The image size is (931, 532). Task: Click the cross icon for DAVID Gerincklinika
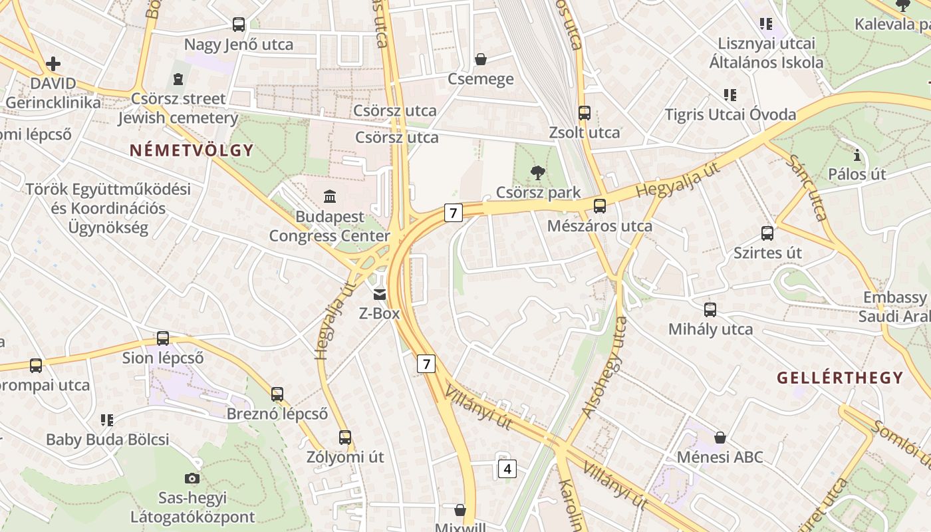pyautogui.click(x=53, y=64)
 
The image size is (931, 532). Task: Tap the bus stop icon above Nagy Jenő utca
pyautogui.click(x=239, y=25)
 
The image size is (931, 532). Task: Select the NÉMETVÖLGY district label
pyautogui.click(x=192, y=150)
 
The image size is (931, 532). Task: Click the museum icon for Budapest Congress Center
pyautogui.click(x=329, y=196)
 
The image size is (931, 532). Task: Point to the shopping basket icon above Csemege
pyautogui.click(x=481, y=59)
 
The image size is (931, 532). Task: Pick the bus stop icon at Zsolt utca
pyautogui.click(x=585, y=113)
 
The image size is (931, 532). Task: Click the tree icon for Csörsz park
pyautogui.click(x=538, y=174)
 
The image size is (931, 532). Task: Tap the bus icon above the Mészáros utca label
pyautogui.click(x=600, y=206)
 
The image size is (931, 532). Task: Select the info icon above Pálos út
pyautogui.click(x=857, y=156)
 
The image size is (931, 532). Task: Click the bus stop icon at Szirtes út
pyautogui.click(x=767, y=233)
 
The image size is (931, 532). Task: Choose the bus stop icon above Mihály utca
pyautogui.click(x=710, y=309)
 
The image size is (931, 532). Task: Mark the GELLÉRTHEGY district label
pyautogui.click(x=840, y=378)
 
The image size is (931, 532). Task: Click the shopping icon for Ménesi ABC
pyautogui.click(x=720, y=438)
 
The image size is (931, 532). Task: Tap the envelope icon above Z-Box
pyautogui.click(x=379, y=294)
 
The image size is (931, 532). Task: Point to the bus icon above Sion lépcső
pyautogui.click(x=163, y=338)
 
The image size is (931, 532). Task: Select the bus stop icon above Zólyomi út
pyautogui.click(x=344, y=438)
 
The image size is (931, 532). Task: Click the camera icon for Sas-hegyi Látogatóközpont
pyautogui.click(x=192, y=478)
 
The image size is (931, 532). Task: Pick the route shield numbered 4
pyautogui.click(x=507, y=469)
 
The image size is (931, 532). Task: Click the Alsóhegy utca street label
pyautogui.click(x=604, y=367)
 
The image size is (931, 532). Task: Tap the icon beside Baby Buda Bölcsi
pyautogui.click(x=107, y=420)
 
